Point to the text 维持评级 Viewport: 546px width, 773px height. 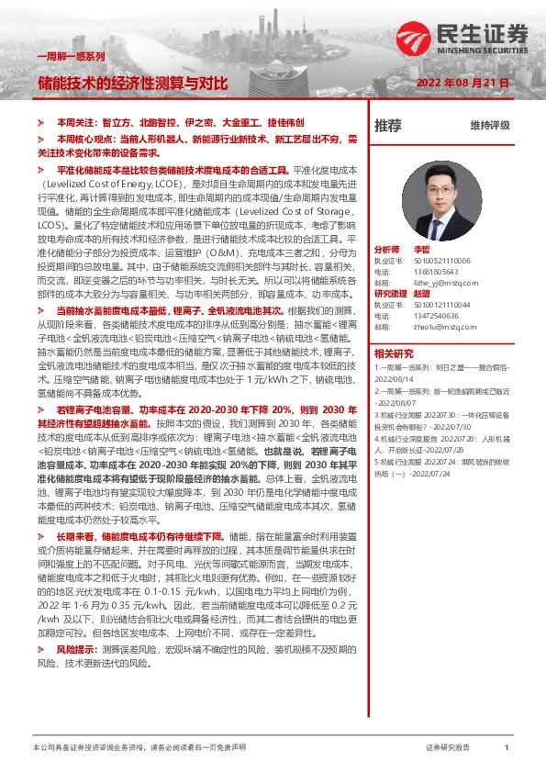point(490,125)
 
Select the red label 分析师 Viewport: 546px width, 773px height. point(386,250)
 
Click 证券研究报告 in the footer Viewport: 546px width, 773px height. point(448,748)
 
